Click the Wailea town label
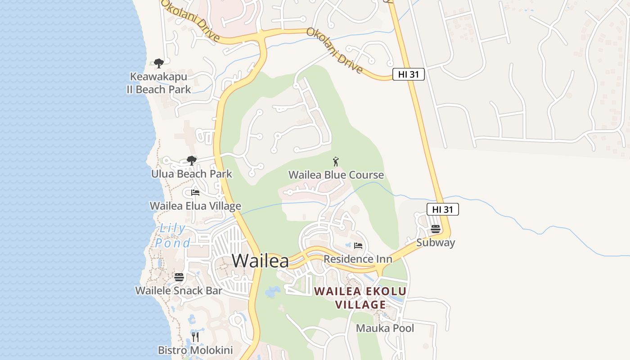pyautogui.click(x=260, y=261)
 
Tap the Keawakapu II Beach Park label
pyautogui.click(x=159, y=83)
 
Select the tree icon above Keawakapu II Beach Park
pyautogui.click(x=158, y=63)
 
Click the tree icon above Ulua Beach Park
pyautogui.click(x=192, y=161)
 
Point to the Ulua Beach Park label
pyautogui.click(x=192, y=174)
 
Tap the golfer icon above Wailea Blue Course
pyautogui.click(x=336, y=162)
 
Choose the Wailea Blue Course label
pyautogui.click(x=336, y=175)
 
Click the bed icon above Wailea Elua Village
pyautogui.click(x=195, y=193)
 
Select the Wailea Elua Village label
pyautogui.click(x=195, y=206)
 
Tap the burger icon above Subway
pyautogui.click(x=435, y=229)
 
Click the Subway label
pyautogui.click(x=435, y=243)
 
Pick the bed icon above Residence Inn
pyautogui.click(x=358, y=246)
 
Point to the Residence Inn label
pyautogui.click(x=358, y=259)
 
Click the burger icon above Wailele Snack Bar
pyautogui.click(x=179, y=277)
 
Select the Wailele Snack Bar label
pyautogui.click(x=179, y=291)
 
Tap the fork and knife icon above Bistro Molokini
pyautogui.click(x=195, y=337)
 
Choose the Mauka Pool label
pyautogui.click(x=385, y=328)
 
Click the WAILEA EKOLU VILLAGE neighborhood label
pyautogui.click(x=360, y=298)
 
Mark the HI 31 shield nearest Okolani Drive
pyautogui.click(x=409, y=74)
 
